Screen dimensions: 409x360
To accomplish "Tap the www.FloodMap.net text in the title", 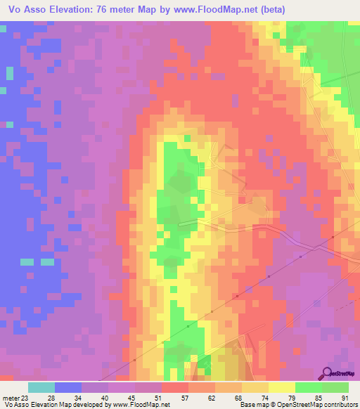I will click(x=229, y=10).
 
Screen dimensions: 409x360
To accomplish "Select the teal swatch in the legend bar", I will click(x=41, y=387).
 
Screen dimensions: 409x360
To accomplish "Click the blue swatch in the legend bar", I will click(x=68, y=387).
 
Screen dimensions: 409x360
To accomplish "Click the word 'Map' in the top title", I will click(x=156, y=10).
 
